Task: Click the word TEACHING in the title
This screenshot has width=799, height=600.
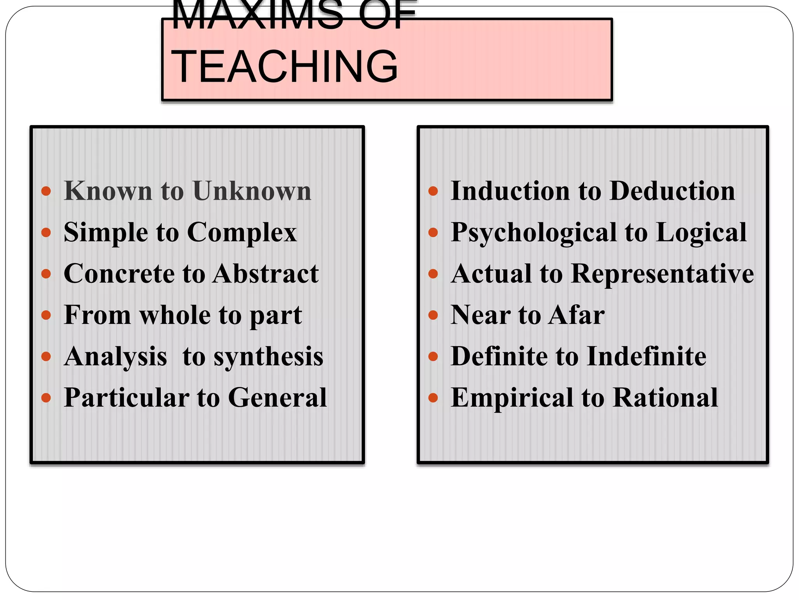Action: click(284, 66)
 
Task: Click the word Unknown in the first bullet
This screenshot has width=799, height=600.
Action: click(252, 191)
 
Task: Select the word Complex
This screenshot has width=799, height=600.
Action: click(242, 233)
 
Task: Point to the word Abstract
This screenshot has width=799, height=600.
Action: click(266, 273)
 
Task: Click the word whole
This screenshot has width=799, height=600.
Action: click(175, 315)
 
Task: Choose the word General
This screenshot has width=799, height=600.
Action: click(277, 398)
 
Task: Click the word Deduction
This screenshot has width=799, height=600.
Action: click(672, 191)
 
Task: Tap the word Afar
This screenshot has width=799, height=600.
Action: click(577, 315)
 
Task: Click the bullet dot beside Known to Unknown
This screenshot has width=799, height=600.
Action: click(46, 191)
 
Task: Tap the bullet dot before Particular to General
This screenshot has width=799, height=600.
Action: click(46, 398)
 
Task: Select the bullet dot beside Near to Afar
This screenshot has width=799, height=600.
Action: click(433, 315)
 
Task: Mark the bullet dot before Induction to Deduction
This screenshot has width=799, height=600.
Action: click(433, 191)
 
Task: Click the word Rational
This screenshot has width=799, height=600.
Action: click(665, 398)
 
